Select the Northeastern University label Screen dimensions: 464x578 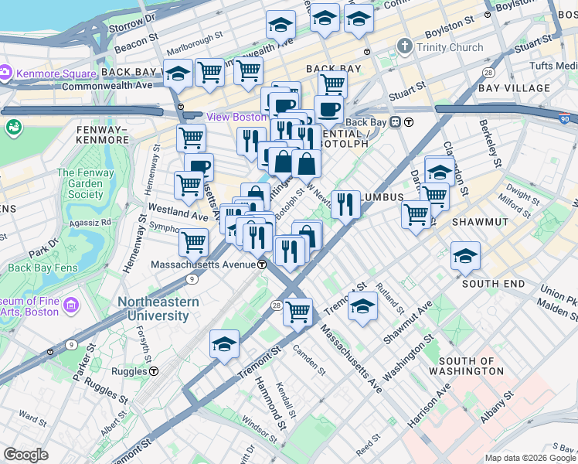pos(158,309)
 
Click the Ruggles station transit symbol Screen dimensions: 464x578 pos(154,370)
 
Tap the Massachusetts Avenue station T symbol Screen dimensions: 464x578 pos(262,264)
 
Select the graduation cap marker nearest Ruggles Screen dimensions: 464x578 pos(224,343)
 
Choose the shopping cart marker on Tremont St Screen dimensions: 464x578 pos(297,312)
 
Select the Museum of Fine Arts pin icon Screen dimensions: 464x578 pos(71,305)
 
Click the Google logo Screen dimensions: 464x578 pos(25,455)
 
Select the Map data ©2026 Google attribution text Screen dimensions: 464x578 pos(529,458)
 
